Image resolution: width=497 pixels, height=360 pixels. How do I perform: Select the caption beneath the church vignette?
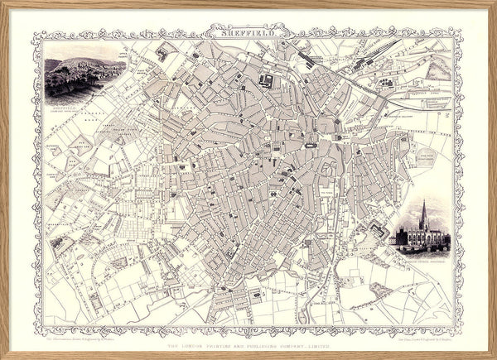coord(423,254)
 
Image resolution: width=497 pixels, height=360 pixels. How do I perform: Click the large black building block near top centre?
coord(267,80)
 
